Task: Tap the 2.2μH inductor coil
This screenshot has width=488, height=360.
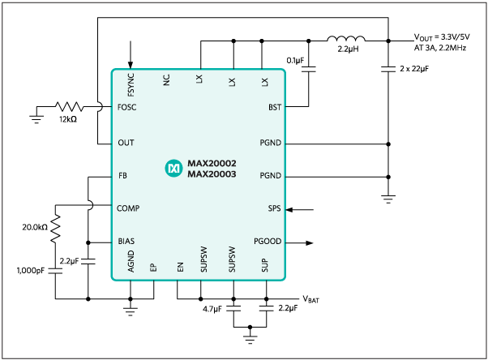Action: click(346, 38)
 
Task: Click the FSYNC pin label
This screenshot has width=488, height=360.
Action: click(131, 83)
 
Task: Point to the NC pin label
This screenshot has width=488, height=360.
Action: click(166, 80)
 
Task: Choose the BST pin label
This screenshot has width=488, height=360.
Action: click(274, 106)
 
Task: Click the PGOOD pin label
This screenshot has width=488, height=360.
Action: click(267, 242)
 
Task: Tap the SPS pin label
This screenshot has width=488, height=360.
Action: click(274, 208)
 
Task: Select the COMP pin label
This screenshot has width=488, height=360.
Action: click(129, 208)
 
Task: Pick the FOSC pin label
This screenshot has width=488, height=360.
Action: click(127, 106)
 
